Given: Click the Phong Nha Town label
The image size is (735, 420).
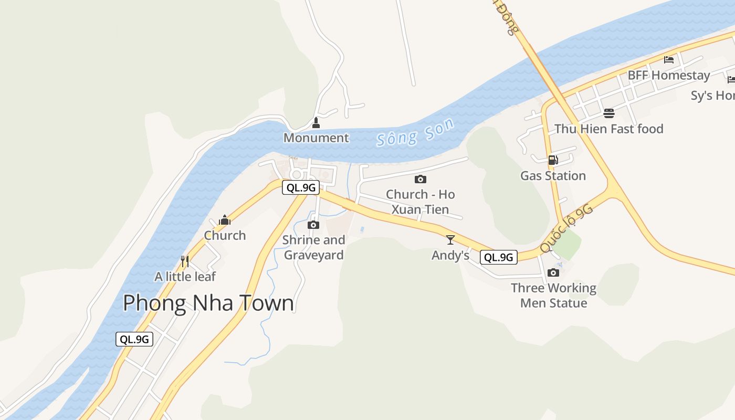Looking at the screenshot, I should [x=208, y=303].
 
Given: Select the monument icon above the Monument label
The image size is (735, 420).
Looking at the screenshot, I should [x=316, y=123].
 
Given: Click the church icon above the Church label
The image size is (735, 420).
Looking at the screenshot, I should [x=225, y=219].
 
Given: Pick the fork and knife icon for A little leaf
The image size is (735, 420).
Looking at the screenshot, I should [x=184, y=261].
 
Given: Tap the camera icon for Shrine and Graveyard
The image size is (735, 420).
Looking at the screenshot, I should [x=313, y=225].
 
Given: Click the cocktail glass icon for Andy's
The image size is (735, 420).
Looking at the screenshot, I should [x=450, y=240].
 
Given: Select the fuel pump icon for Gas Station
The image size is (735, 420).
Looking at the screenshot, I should [x=553, y=160].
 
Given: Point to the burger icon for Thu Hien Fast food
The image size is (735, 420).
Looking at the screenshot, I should [x=609, y=113].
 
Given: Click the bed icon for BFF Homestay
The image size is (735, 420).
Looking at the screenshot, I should [x=668, y=59].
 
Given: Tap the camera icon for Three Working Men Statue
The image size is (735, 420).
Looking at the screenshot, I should [x=553, y=272].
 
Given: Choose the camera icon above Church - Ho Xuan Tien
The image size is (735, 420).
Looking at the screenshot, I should [x=420, y=179].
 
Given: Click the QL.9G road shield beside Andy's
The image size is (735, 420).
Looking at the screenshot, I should [x=498, y=257].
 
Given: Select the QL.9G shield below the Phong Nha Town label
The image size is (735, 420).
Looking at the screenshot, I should [x=134, y=339].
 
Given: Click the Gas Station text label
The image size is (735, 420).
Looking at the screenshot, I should [x=553, y=176].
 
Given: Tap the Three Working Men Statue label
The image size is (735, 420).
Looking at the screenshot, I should [x=553, y=296].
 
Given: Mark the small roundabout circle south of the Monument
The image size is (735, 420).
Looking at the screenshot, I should [x=297, y=174].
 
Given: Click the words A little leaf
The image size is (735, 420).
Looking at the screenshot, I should [x=185, y=276].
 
